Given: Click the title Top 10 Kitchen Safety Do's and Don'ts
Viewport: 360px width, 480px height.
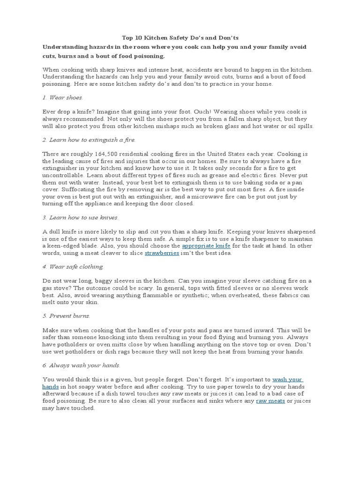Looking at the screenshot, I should click(x=180, y=37).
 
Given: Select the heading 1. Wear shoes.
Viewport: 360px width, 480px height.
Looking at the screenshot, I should click(x=62, y=97).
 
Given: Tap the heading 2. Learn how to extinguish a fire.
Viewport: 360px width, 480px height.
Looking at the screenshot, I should click(x=89, y=140).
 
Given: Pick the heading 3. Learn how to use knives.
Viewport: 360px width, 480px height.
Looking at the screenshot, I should click(x=80, y=217).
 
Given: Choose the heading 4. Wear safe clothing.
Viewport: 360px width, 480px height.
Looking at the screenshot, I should click(x=73, y=266).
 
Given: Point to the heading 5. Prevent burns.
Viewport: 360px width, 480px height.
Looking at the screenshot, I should click(x=66, y=315).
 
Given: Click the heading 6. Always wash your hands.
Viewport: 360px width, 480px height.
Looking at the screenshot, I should click(x=82, y=365).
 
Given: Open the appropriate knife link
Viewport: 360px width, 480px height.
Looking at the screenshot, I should click(x=206, y=246).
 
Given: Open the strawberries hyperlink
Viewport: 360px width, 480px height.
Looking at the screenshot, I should click(x=162, y=253).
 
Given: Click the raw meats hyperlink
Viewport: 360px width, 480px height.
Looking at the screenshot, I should click(x=270, y=401).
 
